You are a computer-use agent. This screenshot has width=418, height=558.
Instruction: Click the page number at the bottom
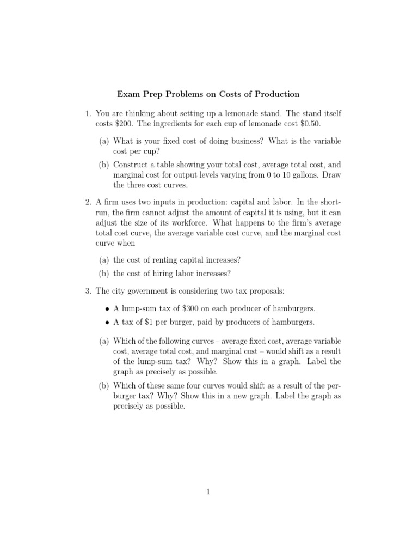point(208,492)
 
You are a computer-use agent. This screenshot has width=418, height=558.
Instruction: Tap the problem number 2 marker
point(88,202)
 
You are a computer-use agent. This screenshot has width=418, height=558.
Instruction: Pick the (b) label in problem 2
point(104,274)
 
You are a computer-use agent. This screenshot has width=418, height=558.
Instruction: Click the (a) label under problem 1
point(104,141)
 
